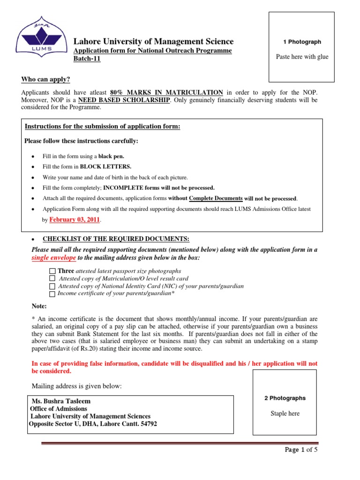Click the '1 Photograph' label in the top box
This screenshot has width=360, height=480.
pos(302,42)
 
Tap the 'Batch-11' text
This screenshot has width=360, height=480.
pos(87,59)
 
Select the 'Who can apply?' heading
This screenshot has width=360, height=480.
pos(45,80)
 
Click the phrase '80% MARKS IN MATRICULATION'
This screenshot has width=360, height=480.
pos(166,92)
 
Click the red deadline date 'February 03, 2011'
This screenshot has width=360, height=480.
pos(74,220)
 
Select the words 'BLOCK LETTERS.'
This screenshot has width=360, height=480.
pos(106,166)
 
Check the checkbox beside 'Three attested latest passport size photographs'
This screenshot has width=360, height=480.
pos(52,271)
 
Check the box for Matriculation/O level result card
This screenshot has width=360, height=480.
pos(52,279)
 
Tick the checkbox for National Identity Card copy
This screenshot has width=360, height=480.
pos(52,286)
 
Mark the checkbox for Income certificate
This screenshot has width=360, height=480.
pos(52,294)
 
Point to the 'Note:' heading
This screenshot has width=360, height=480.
pos(39,306)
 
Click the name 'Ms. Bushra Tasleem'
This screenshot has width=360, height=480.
pos(61,401)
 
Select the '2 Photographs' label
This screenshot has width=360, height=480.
pos(285,398)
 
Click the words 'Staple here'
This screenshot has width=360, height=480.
pos(285,413)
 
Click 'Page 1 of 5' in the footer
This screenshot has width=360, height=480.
pos(301,450)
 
